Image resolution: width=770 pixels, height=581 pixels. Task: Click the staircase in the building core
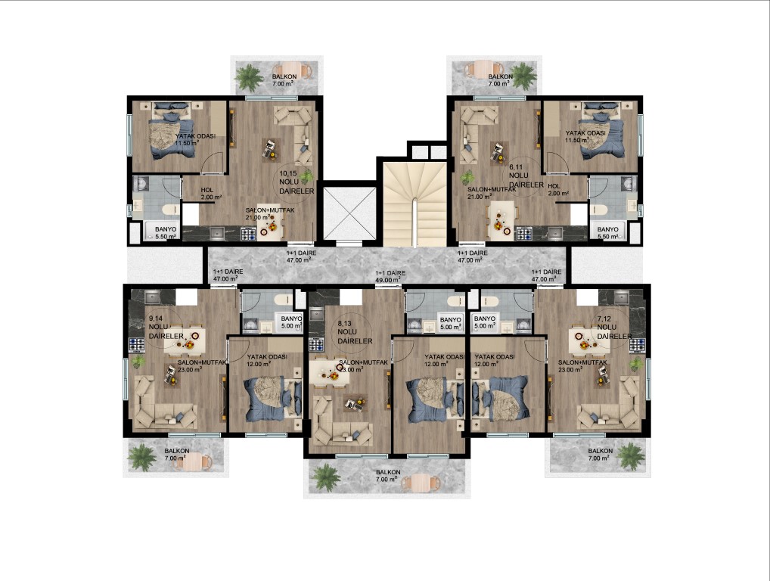(x=415, y=204)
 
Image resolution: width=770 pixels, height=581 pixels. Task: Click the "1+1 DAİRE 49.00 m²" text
(x=390, y=276)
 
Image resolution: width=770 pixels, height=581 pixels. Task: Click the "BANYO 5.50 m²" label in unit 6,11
(x=607, y=233)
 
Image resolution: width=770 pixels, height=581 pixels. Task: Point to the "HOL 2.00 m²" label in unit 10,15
(x=211, y=194)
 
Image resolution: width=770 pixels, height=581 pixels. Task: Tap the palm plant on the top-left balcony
(x=250, y=76)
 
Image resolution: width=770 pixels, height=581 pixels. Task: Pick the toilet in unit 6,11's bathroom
(x=600, y=210)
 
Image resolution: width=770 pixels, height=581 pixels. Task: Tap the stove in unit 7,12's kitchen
(x=638, y=345)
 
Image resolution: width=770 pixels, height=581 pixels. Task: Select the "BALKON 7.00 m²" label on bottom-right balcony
(x=600, y=455)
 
